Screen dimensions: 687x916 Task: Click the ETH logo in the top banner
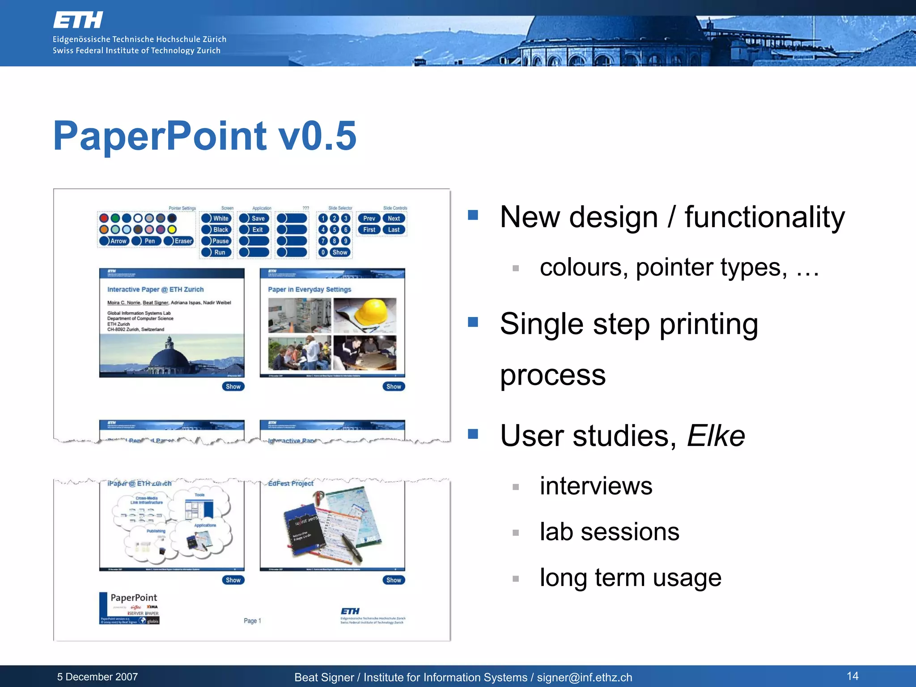pos(78,20)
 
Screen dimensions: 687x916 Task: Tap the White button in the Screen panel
pos(216,218)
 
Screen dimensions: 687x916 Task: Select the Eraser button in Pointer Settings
pos(179,241)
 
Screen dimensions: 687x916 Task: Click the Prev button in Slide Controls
pos(369,218)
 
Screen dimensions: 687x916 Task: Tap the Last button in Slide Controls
pos(394,229)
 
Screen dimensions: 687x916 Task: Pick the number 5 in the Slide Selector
pos(334,229)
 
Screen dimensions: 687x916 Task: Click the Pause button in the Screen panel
pos(216,241)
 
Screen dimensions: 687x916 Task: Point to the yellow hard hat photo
pos(365,315)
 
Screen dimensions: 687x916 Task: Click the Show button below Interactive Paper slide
pos(233,386)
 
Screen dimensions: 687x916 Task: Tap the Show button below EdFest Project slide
pos(394,580)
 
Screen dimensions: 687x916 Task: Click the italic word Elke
pos(716,436)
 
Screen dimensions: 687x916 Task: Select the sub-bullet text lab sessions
pos(609,532)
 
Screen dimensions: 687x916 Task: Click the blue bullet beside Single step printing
pos(473,322)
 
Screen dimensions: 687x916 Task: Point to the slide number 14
pos(852,676)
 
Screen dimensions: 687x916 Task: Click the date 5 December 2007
pos(98,677)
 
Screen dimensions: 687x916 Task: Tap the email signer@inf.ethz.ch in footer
pos(585,678)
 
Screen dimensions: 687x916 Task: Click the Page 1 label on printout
pos(252,621)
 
